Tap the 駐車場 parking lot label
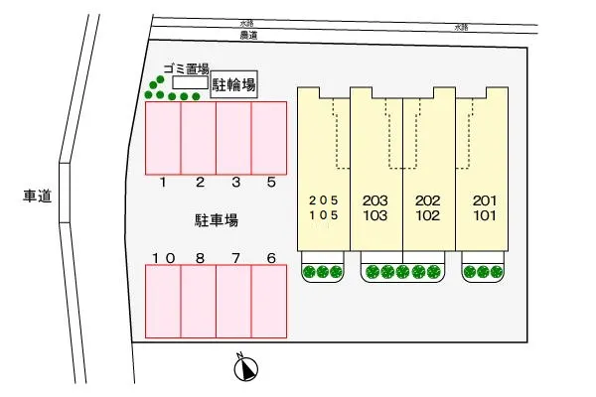tap(216, 219)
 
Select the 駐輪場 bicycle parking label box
tap(234, 86)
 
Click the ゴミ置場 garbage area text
tap(186, 69)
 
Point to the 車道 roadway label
tap(37, 197)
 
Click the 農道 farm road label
tap(248, 36)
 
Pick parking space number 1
tap(164, 139)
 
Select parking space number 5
tap(268, 139)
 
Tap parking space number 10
tap(164, 302)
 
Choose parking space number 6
tap(268, 302)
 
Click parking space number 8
tap(199, 302)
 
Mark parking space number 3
tap(233, 139)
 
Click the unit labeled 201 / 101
tap(484, 206)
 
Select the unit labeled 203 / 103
tap(375, 206)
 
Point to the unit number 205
tap(323, 199)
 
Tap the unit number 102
tap(428, 214)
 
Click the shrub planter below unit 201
tap(483, 271)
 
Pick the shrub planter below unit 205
tap(323, 271)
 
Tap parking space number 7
tap(233, 302)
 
